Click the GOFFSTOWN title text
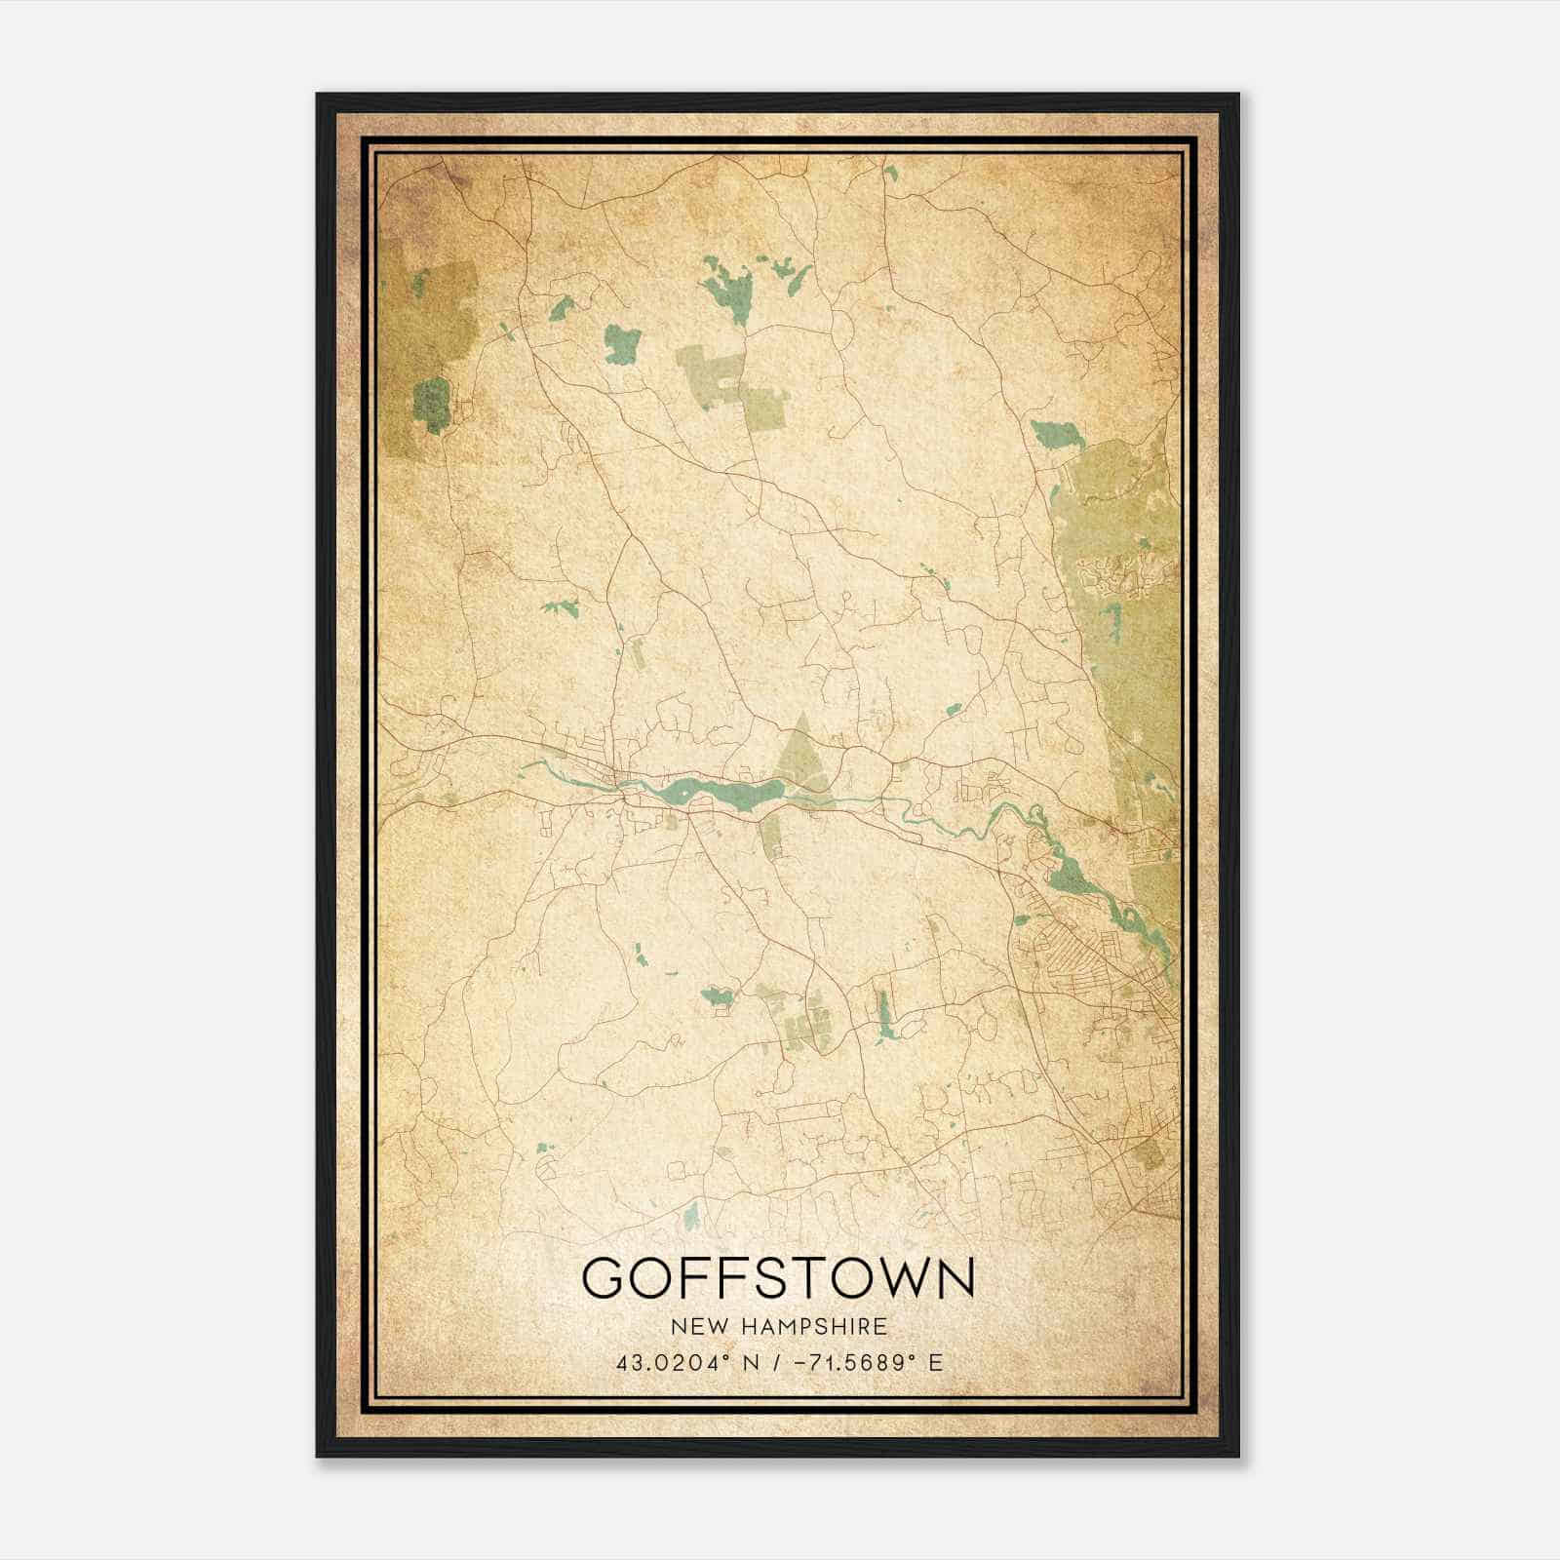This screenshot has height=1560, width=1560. (x=778, y=1278)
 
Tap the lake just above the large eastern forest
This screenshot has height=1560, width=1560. (x=1055, y=435)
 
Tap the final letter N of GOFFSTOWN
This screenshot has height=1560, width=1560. (x=953, y=1278)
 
